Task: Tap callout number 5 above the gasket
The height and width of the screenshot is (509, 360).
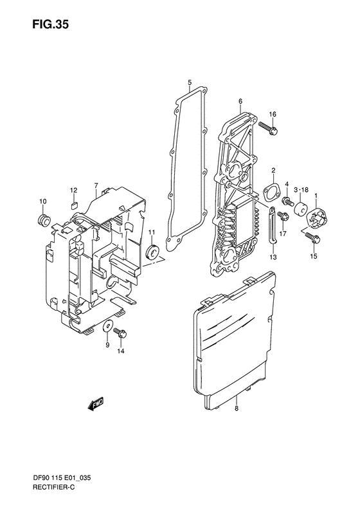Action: pyautogui.click(x=190, y=82)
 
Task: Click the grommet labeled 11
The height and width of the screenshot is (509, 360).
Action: pyautogui.click(x=153, y=251)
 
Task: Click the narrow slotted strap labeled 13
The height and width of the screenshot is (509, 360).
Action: pyautogui.click(x=273, y=227)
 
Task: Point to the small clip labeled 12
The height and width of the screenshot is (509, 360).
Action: pyautogui.click(x=73, y=204)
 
